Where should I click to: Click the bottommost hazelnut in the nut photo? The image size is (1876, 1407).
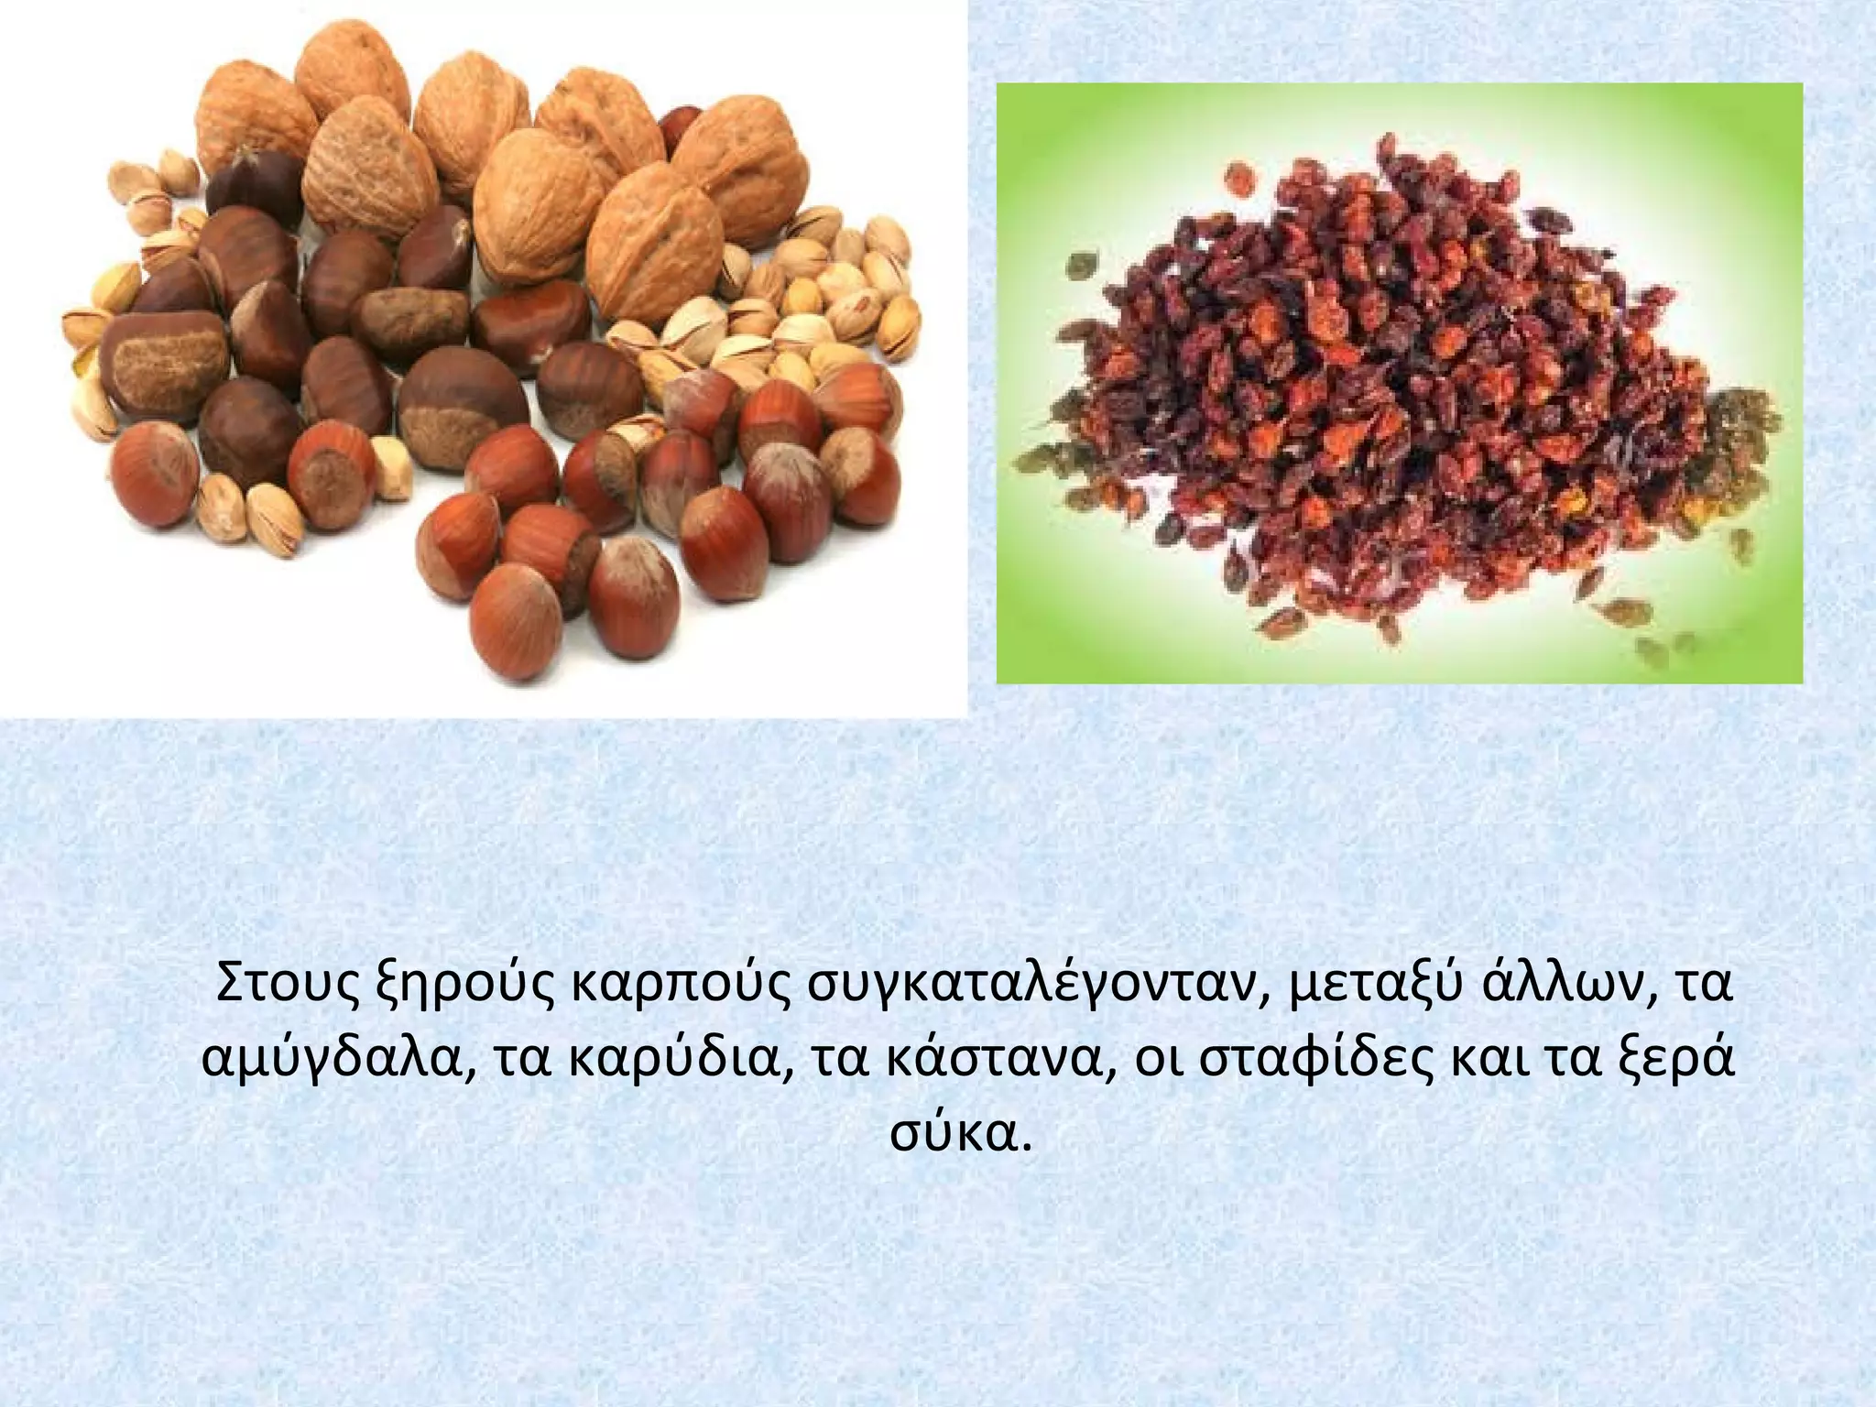tap(517, 623)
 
